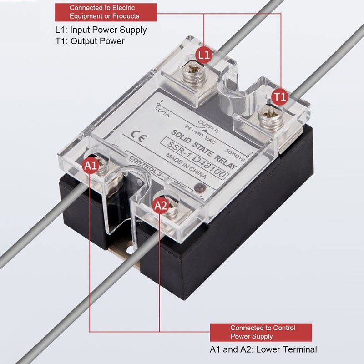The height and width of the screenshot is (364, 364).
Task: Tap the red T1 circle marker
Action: (x=280, y=96)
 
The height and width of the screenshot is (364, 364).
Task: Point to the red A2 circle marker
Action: (x=161, y=206)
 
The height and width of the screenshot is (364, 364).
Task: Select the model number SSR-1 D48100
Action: (x=199, y=156)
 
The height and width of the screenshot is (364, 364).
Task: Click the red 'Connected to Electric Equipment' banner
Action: (x=106, y=12)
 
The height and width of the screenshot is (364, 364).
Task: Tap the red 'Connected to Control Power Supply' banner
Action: (x=261, y=332)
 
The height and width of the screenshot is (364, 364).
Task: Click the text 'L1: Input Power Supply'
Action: (x=101, y=30)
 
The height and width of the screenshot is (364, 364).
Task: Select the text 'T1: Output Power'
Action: (x=90, y=41)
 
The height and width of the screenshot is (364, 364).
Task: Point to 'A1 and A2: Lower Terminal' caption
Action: (x=263, y=349)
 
